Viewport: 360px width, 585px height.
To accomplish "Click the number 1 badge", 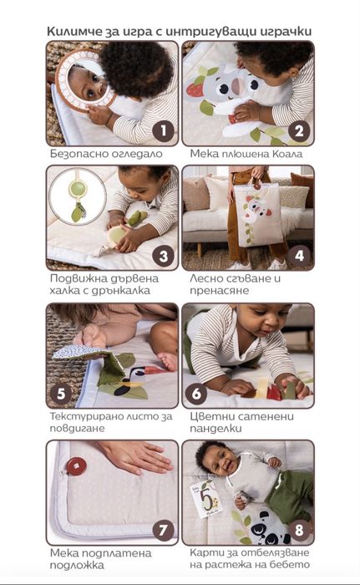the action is [164, 131].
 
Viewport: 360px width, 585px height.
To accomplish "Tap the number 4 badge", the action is [299, 256].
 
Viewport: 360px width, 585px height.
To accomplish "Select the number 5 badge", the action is [61, 394].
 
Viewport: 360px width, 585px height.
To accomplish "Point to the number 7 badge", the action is [164, 530].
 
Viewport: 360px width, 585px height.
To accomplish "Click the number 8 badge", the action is [299, 530].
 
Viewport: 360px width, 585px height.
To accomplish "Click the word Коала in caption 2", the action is [287, 154].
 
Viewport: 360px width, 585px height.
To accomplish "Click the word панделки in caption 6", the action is [215, 428].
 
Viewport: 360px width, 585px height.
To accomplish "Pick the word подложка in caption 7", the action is [77, 565].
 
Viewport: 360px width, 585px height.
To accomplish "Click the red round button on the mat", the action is [77, 466].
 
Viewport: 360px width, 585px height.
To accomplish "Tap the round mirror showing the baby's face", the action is [85, 80].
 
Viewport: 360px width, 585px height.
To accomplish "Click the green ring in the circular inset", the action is [78, 188].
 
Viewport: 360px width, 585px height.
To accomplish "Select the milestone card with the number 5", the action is [206, 499].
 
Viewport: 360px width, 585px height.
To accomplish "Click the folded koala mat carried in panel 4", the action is [258, 216].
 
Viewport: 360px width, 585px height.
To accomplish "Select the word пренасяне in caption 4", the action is [220, 291].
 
